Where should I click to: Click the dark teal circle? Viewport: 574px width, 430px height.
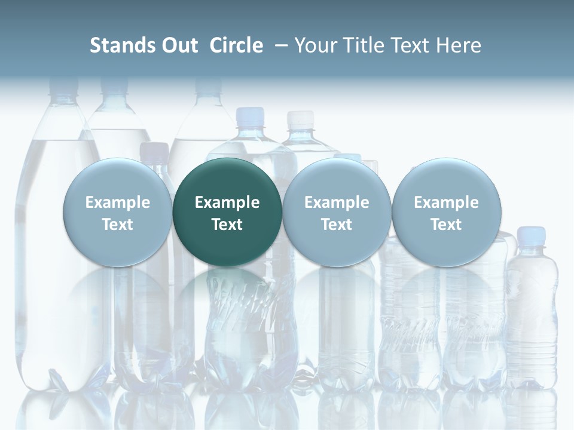[x=227, y=212]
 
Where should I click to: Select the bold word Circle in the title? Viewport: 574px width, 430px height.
[x=236, y=45]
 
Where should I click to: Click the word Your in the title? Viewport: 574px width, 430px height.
[x=316, y=45]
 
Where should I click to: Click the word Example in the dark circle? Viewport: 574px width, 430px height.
[x=227, y=202]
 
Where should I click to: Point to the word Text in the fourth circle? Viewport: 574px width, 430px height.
[x=446, y=225]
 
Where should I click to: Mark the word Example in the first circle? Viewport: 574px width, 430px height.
[x=118, y=202]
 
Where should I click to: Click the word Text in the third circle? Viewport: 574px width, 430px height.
[x=337, y=225]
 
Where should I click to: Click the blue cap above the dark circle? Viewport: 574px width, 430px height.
[x=250, y=115]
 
